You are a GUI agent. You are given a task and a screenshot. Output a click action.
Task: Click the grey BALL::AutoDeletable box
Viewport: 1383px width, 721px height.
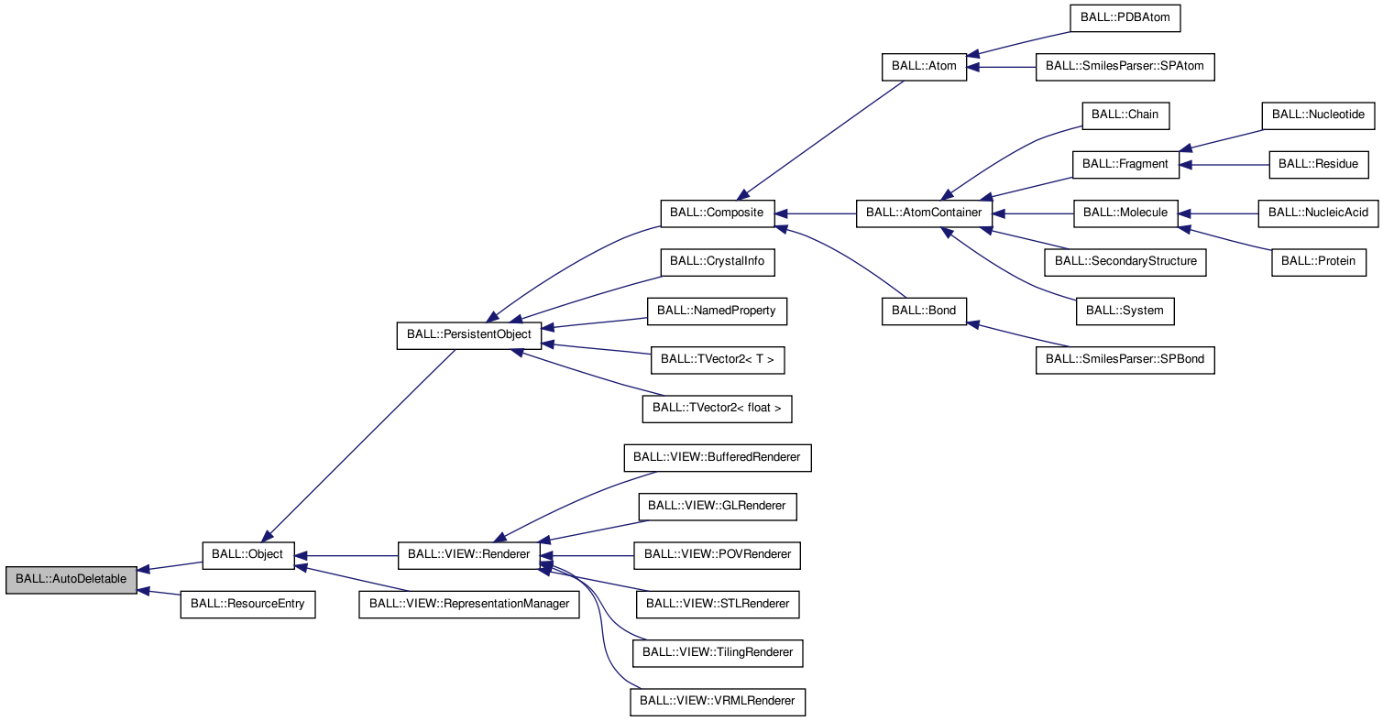pos(71,581)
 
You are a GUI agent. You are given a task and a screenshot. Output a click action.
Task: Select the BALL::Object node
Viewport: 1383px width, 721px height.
pos(248,555)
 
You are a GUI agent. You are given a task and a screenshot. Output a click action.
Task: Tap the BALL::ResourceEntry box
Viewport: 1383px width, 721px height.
pos(247,605)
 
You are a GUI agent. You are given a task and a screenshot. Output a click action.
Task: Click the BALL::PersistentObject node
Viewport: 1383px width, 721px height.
pos(468,335)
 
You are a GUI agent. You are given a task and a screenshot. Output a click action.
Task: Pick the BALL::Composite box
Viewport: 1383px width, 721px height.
pos(717,213)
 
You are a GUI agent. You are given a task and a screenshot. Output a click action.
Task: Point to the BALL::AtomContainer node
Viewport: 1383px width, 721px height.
pos(924,213)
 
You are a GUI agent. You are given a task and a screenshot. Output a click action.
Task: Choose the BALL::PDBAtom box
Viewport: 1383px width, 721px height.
pos(1125,18)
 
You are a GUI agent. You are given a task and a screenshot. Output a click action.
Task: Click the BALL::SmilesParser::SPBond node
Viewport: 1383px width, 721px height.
pos(1125,361)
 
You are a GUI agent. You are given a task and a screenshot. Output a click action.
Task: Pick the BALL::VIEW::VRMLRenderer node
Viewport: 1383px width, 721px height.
pos(718,702)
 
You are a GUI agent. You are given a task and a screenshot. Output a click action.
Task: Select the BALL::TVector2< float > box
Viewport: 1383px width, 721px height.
pos(717,409)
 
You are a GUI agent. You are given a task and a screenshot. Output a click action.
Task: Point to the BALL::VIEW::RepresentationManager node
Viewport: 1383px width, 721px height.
pos(469,605)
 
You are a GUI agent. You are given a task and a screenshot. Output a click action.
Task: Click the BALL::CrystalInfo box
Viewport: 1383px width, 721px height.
pos(717,262)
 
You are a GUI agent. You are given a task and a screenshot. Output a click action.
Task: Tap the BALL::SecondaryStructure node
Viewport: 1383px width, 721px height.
pos(1125,262)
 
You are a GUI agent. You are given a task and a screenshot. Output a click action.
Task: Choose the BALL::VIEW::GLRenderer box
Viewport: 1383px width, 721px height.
pos(718,506)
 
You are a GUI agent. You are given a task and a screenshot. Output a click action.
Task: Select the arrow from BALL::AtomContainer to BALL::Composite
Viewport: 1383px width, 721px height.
pos(816,213)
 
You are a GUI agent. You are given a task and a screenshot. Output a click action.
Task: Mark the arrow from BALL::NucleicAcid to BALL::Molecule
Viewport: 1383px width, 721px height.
pos(1219,213)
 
